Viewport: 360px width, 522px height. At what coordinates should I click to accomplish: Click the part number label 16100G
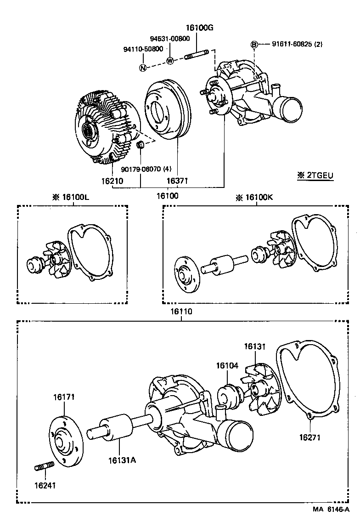tap(200, 28)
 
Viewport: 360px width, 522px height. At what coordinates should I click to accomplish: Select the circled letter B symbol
tap(253, 45)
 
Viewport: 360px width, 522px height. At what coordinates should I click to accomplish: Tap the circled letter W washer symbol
tap(170, 61)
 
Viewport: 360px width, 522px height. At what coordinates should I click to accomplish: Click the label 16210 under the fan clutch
tap(112, 181)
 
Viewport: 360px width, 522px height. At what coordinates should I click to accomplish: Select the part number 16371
tap(177, 181)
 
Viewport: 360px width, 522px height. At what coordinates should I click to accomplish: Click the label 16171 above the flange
tap(64, 397)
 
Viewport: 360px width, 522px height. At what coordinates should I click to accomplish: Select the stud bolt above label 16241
tap(41, 467)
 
